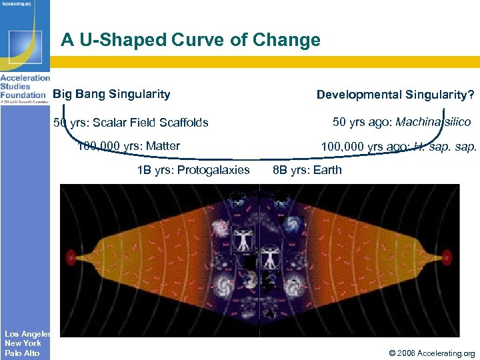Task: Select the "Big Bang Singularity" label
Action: tap(111, 94)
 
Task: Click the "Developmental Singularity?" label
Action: tap(395, 95)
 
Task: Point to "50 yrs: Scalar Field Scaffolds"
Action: tap(131, 123)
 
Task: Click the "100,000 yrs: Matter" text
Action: tap(129, 146)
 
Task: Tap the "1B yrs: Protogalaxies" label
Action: tap(193, 170)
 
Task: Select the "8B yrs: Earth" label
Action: tap(307, 170)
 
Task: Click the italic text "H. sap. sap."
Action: tap(445, 147)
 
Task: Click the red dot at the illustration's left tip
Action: tap(71, 256)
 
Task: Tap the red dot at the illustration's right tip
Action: tap(446, 256)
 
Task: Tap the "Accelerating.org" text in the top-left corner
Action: tap(19, 3)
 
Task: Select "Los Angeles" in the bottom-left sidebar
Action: tap(26, 334)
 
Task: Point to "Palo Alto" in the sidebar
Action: tap(22, 353)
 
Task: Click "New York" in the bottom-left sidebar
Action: tap(23, 343)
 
